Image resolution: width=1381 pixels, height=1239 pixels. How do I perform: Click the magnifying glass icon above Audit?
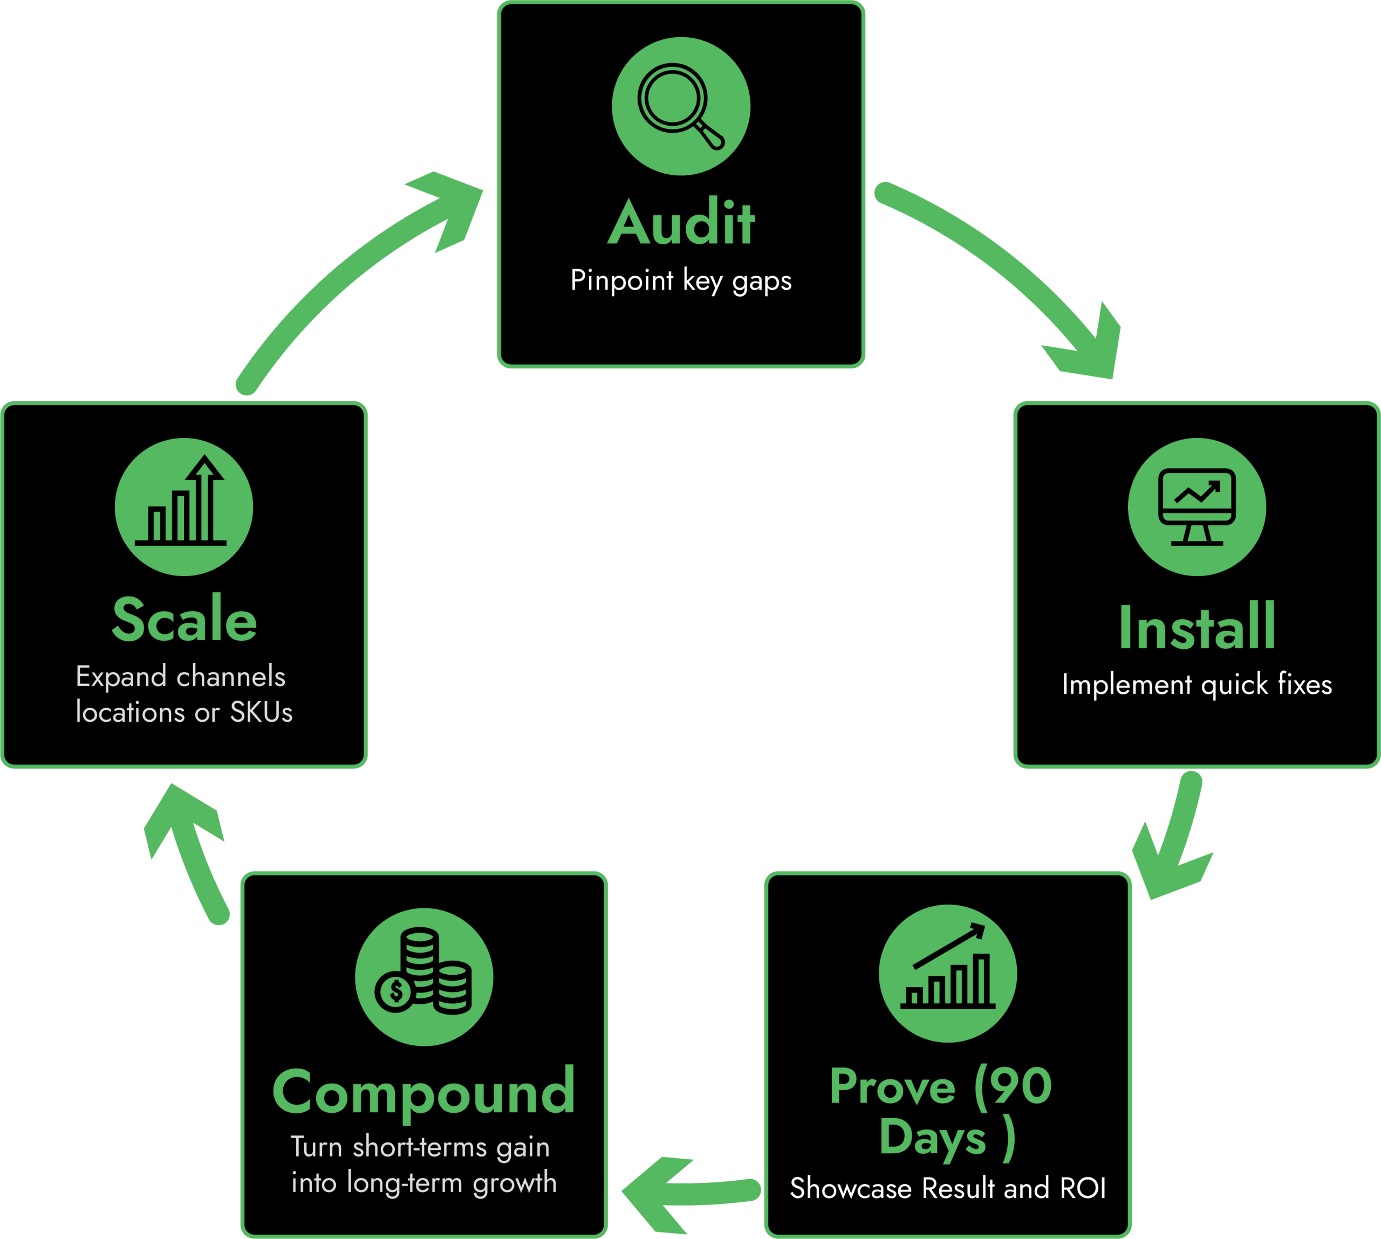[x=680, y=106]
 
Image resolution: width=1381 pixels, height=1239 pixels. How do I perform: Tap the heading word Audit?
[x=681, y=223]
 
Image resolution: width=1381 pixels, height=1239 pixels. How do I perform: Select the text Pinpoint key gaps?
[x=681, y=280]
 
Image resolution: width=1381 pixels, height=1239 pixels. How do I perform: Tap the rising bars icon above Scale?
[x=183, y=506]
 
